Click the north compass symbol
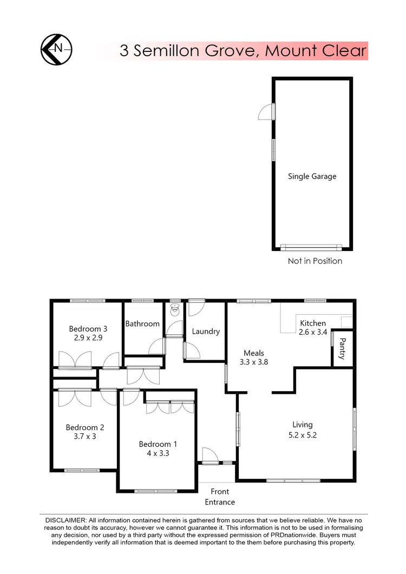56,50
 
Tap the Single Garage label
312,176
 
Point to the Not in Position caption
315,261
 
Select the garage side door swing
266,111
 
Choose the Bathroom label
142,324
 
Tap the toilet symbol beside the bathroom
175,310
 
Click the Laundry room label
206,331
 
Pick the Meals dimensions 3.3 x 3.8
254,362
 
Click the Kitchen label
313,323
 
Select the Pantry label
342,349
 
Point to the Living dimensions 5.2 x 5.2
303,434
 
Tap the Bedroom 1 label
158,444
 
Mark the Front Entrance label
220,497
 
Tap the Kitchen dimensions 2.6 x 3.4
313,332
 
